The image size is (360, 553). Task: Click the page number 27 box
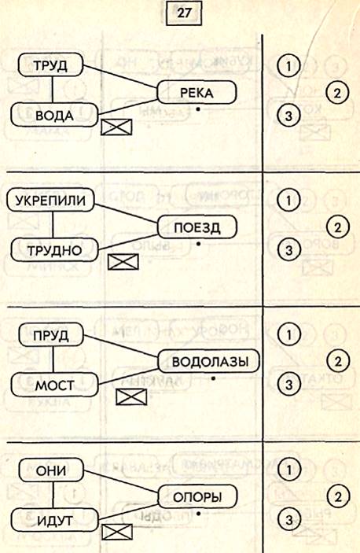pyautogui.click(x=184, y=13)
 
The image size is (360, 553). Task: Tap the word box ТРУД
pyautogui.click(x=51, y=65)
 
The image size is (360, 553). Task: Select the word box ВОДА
pyautogui.click(x=54, y=115)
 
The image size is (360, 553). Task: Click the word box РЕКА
pyautogui.click(x=197, y=92)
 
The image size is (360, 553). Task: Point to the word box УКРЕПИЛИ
pyautogui.click(x=51, y=200)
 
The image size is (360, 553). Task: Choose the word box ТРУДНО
pyautogui.click(x=54, y=249)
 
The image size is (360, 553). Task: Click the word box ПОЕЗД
pyautogui.click(x=197, y=227)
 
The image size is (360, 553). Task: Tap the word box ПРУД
pyautogui.click(x=51, y=334)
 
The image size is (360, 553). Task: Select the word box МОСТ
pyautogui.click(x=54, y=385)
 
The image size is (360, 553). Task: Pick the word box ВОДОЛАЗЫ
pyautogui.click(x=209, y=362)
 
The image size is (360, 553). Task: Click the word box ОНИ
pyautogui.click(x=51, y=470)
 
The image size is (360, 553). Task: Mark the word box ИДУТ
pyautogui.click(x=54, y=520)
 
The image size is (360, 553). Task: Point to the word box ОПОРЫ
pyautogui.click(x=197, y=497)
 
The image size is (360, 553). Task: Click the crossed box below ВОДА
pyautogui.click(x=116, y=127)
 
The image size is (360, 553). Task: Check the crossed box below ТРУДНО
pyautogui.click(x=123, y=262)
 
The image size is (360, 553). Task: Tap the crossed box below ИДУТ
pyautogui.click(x=117, y=532)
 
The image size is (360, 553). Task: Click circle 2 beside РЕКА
pyautogui.click(x=337, y=93)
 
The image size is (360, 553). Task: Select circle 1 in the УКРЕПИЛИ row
pyautogui.click(x=288, y=201)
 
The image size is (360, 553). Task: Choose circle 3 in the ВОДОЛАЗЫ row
pyautogui.click(x=288, y=384)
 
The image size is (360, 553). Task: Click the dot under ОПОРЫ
pyautogui.click(x=199, y=514)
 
